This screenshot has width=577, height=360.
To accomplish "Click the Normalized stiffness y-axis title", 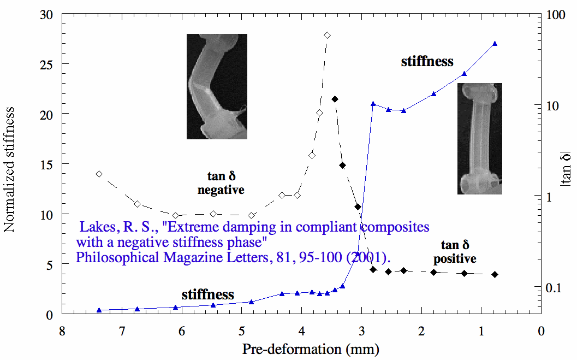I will (9, 169).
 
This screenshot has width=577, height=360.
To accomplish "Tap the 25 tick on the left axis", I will (47, 64).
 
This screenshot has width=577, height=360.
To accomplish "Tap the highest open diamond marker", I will (327, 36).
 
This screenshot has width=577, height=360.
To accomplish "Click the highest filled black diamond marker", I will (335, 99).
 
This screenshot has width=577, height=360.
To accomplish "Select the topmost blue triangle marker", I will (495, 43).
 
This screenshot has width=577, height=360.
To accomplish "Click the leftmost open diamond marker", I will (99, 174).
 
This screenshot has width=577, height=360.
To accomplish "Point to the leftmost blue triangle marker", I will (99, 310).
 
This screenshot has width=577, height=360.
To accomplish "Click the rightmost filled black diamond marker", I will (495, 274).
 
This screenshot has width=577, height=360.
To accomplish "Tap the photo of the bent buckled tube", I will (217, 86).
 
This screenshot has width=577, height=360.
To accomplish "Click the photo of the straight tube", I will (479, 139).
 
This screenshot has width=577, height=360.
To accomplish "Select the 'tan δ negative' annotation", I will (221, 183).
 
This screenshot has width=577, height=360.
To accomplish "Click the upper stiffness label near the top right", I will (427, 61).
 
